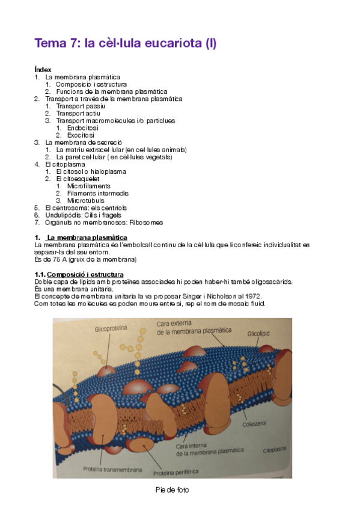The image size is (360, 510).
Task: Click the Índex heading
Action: pos(43,70)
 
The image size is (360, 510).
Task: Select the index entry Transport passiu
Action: pos(78,106)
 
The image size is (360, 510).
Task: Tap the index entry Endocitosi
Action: pos(83,127)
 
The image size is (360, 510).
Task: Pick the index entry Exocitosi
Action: pos(81,135)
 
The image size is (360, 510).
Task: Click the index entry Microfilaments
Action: pos(89,186)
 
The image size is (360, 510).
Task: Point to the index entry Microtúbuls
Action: pos(85,200)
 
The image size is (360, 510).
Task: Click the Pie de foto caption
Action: pos(172,490)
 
